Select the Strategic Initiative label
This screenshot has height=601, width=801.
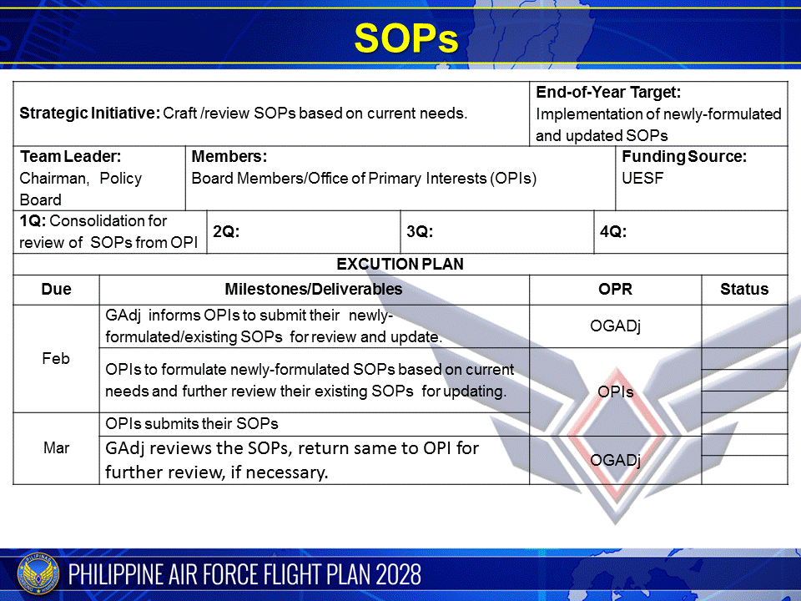click(x=89, y=114)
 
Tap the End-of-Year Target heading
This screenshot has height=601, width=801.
click(x=608, y=93)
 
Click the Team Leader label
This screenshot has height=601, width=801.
click(x=70, y=156)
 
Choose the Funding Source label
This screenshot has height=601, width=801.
click(x=684, y=156)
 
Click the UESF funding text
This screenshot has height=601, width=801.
click(x=642, y=178)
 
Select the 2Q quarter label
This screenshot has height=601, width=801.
click(x=226, y=232)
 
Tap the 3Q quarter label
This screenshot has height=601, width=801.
click(x=420, y=232)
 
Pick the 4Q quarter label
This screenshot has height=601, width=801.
click(x=613, y=232)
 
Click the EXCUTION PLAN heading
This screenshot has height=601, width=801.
click(x=400, y=264)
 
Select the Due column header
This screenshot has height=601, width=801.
click(x=56, y=290)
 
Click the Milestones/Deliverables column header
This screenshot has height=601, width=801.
click(x=314, y=290)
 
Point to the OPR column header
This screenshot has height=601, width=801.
click(x=616, y=290)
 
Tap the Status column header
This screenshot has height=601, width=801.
click(x=744, y=290)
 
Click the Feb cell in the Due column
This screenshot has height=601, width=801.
click(x=56, y=358)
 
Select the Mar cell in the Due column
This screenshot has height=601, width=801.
click(x=56, y=448)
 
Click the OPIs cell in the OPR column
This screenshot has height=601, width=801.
click(x=616, y=391)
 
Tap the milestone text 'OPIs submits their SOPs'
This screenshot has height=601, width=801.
click(x=192, y=423)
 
